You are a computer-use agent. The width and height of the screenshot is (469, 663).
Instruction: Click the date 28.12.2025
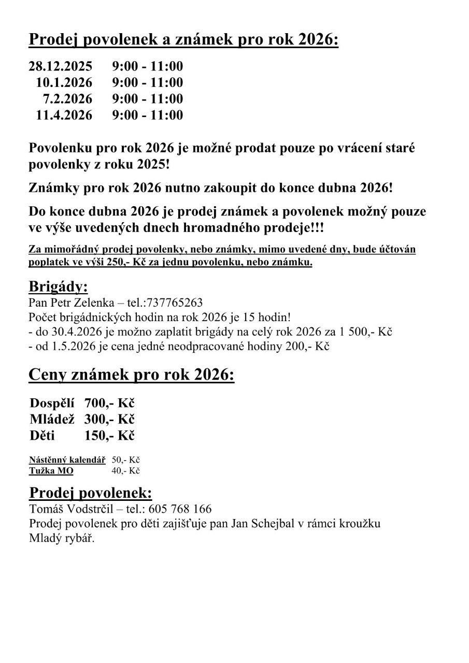click(60, 66)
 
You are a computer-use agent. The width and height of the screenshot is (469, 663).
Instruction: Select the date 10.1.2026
click(64, 82)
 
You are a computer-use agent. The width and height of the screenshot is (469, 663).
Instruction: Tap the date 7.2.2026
click(67, 98)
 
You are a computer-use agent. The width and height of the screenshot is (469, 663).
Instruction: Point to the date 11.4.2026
click(64, 114)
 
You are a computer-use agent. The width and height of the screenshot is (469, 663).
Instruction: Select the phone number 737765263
click(175, 302)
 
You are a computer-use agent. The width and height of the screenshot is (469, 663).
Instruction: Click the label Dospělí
click(52, 403)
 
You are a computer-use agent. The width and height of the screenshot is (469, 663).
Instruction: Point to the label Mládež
click(52, 419)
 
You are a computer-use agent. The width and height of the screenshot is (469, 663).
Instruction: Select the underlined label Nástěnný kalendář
click(67, 460)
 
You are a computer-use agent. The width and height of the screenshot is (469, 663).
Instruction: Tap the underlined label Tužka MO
click(51, 471)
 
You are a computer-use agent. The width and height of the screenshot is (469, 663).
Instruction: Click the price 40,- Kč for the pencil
click(126, 471)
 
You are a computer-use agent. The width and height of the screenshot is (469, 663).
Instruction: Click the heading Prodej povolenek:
click(91, 493)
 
